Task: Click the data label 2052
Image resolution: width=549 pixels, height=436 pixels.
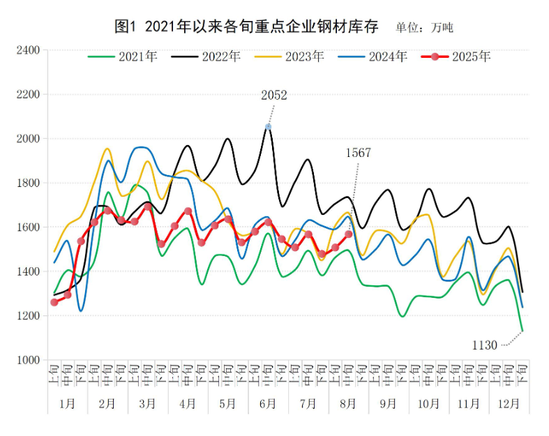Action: pos(273,96)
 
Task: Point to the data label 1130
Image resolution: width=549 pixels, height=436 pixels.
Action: pos(484,345)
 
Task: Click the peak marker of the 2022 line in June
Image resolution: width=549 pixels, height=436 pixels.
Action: pos(269,126)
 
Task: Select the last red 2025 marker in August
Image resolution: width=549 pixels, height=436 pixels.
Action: pos(349,234)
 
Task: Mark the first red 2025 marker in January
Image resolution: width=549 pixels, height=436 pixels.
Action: pos(54,302)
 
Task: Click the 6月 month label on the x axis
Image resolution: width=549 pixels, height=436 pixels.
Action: pos(268,404)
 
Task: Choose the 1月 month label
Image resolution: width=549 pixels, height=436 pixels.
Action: pos(68,404)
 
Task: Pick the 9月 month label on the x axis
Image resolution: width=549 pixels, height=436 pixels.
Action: pos(389,404)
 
